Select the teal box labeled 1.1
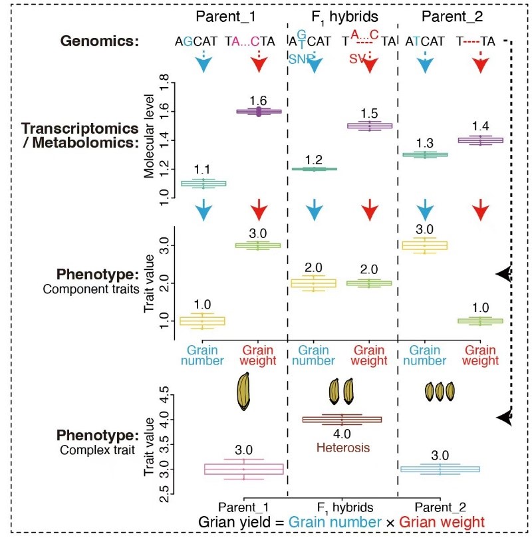203,183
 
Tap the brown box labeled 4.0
342,419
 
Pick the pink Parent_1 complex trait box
243,469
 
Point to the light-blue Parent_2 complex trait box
440,469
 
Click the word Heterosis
341,447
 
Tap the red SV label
356,59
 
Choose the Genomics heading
99,41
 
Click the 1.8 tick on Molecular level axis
161,84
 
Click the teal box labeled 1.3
425,154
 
